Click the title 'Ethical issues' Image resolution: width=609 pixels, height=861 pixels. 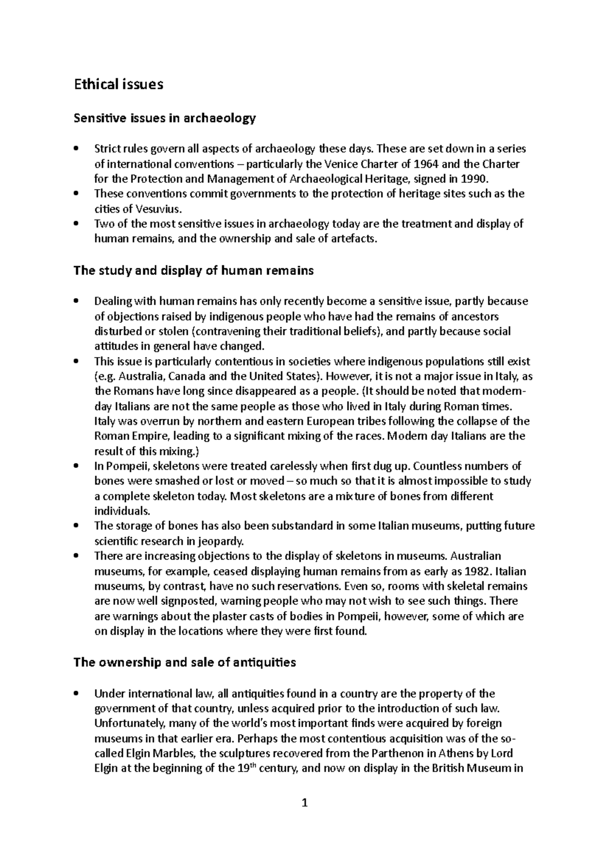click(x=118, y=84)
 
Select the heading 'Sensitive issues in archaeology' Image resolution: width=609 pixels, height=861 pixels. click(x=164, y=119)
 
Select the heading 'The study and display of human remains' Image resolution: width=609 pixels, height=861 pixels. click(x=193, y=271)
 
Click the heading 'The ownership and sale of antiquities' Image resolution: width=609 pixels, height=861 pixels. click(x=185, y=663)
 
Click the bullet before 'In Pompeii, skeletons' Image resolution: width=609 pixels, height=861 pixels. click(x=76, y=466)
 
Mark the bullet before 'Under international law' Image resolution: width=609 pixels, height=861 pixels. click(x=76, y=694)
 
